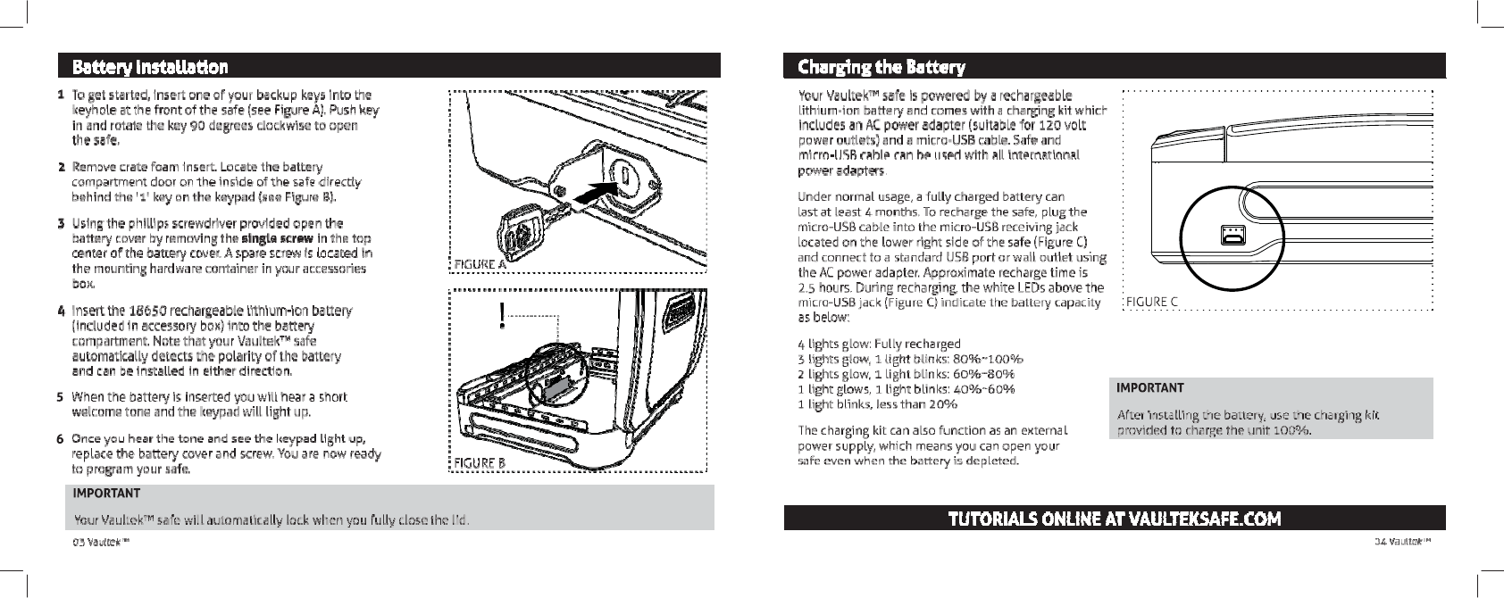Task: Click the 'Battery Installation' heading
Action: click(x=150, y=67)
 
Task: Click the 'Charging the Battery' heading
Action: click(x=882, y=67)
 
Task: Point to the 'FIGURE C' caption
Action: click(x=1152, y=302)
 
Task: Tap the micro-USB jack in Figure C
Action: click(x=1232, y=235)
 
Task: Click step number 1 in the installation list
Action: click(x=60, y=95)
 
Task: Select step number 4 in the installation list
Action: click(x=60, y=311)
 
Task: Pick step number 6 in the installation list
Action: click(x=60, y=439)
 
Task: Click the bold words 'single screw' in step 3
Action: click(x=276, y=238)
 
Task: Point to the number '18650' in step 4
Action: click(x=148, y=311)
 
